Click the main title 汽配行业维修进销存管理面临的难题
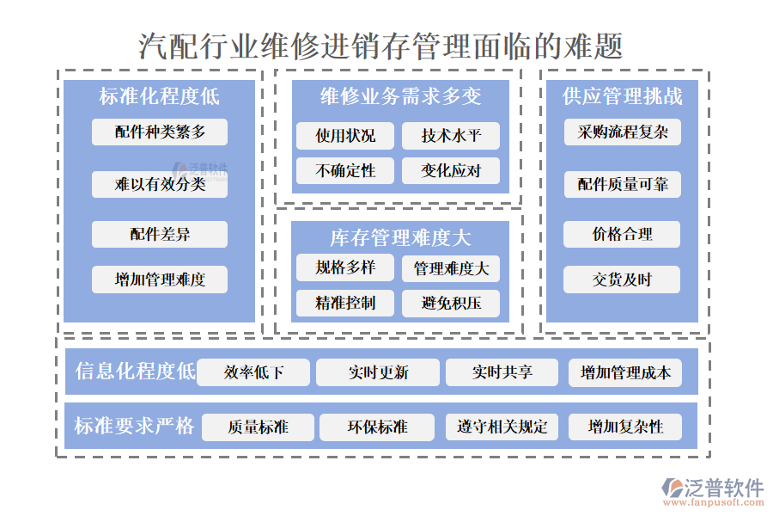[381, 45]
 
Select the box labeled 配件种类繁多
[160, 132]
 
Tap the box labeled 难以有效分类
[160, 184]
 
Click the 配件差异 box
[160, 234]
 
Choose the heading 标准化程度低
[160, 96]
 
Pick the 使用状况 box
[345, 136]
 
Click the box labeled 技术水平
[451, 136]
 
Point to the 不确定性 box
[345, 170]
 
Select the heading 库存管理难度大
[400, 237]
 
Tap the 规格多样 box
[345, 268]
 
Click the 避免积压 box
[451, 303]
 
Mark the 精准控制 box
[345, 303]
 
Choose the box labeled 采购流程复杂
[623, 132]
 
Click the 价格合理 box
[623, 234]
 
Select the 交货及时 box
[623, 279]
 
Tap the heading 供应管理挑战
[623, 96]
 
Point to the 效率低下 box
[253, 372]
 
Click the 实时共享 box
[502, 372]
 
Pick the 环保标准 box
[377, 427]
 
